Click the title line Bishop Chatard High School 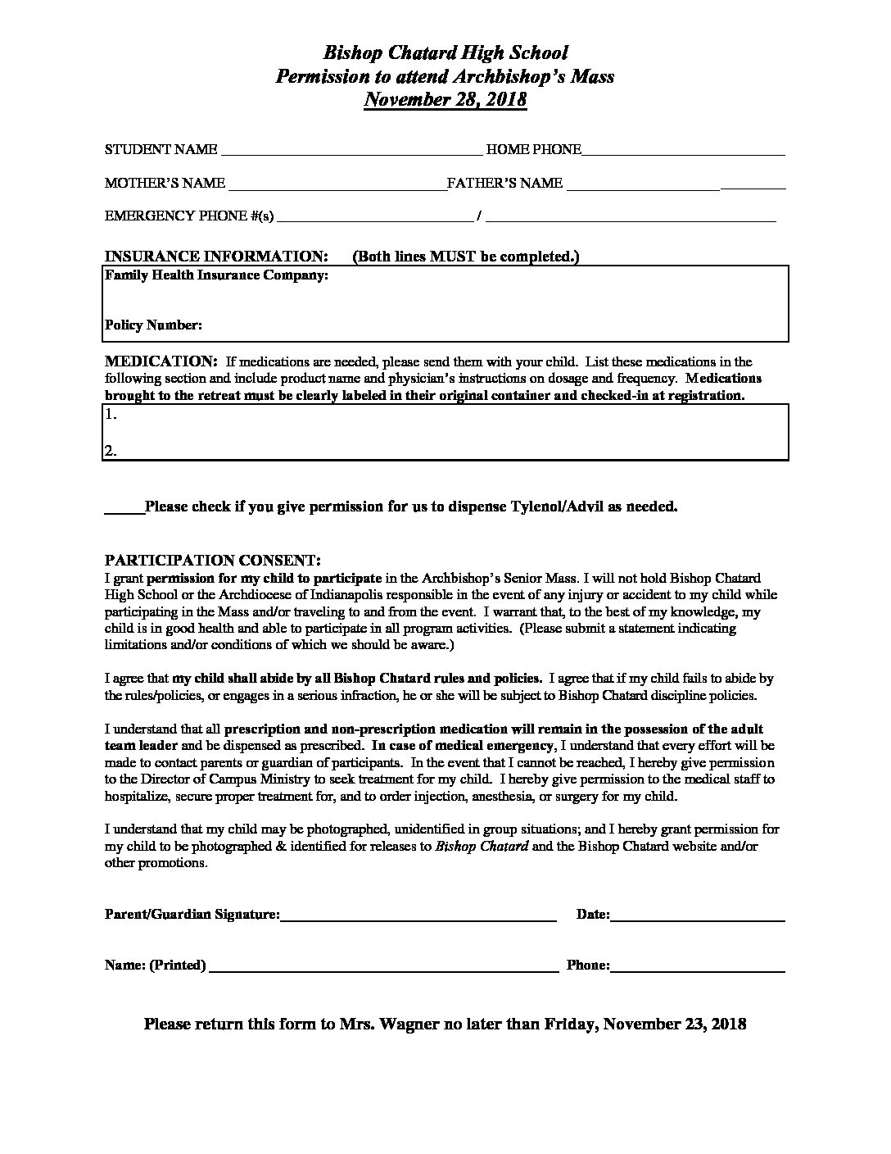tap(445, 53)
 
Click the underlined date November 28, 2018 tap(445, 100)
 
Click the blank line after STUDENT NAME tap(351, 152)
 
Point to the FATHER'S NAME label tap(504, 184)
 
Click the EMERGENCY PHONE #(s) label tap(189, 216)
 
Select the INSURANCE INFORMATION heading tap(217, 257)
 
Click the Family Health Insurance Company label tap(216, 276)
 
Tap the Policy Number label tap(153, 325)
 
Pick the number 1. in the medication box tap(111, 415)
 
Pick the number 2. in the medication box tap(111, 450)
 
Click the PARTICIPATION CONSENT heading tap(213, 561)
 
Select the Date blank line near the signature tap(697, 919)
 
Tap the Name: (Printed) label tap(155, 965)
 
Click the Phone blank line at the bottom tap(697, 970)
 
